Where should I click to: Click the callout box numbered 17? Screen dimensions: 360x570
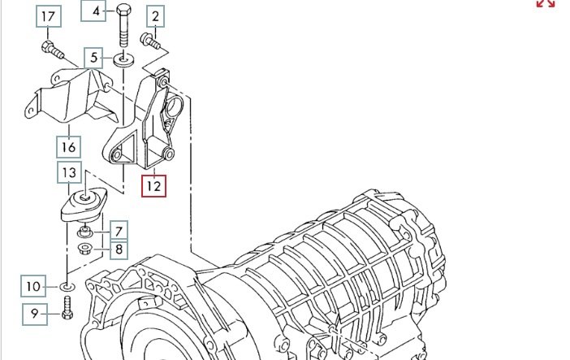tap(49, 16)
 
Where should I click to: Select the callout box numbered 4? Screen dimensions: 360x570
tap(96, 11)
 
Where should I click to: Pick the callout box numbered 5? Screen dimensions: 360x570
tap(94, 58)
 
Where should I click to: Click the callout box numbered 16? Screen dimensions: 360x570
tap(68, 147)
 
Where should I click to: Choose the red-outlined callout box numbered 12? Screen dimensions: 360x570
tap(153, 186)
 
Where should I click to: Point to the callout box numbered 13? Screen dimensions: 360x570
tap(69, 173)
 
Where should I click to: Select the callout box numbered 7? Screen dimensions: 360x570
tap(118, 231)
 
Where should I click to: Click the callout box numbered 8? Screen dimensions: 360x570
tap(118, 249)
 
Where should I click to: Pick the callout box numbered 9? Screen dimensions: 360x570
tap(35, 314)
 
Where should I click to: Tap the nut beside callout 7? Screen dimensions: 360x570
tap(89, 233)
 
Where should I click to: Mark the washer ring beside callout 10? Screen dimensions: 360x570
tap(67, 286)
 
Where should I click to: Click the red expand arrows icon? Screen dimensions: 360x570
tap(545, 3)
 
